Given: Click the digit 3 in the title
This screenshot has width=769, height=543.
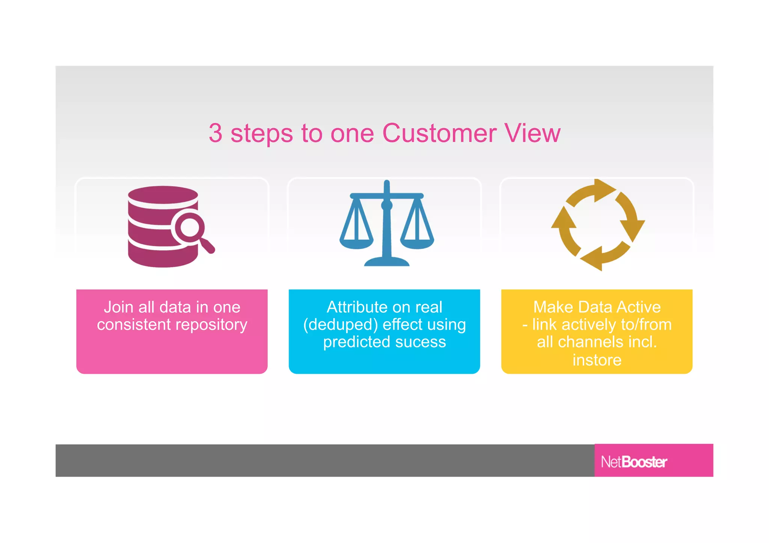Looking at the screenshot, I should point(216,133).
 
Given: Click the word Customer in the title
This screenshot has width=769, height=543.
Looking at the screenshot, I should point(439,133).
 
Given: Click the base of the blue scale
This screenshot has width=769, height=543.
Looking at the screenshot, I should point(387,262).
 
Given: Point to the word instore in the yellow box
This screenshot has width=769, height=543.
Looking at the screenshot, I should point(597,360).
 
